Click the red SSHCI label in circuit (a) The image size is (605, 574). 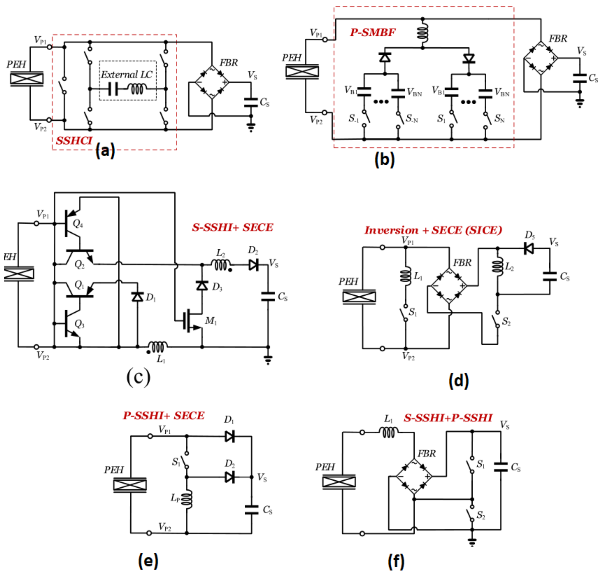pyautogui.click(x=74, y=140)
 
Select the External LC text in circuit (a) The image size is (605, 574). pyautogui.click(x=127, y=75)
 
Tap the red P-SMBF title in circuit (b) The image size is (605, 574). pyautogui.click(x=372, y=33)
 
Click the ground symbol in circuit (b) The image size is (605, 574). pyautogui.click(x=580, y=103)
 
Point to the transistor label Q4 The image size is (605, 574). pyautogui.click(x=78, y=224)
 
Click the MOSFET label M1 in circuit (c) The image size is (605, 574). pyautogui.click(x=211, y=321)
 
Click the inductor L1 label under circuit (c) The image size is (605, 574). pyautogui.click(x=161, y=359)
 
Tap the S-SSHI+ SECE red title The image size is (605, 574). pyautogui.click(x=233, y=228)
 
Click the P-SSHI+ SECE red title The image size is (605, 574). pyautogui.click(x=163, y=416)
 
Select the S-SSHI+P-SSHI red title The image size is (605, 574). pyautogui.click(x=448, y=418)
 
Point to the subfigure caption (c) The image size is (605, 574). pyautogui.click(x=138, y=377)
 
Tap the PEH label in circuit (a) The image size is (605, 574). pyautogui.click(x=16, y=65)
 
